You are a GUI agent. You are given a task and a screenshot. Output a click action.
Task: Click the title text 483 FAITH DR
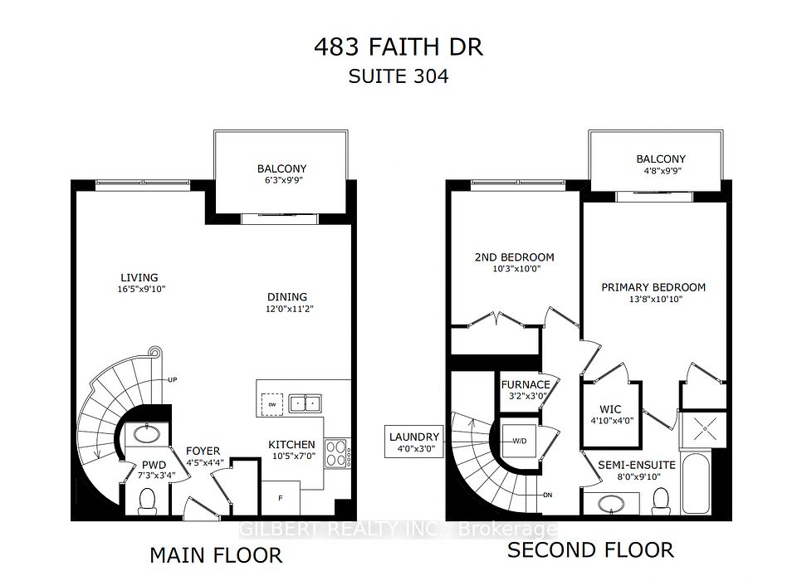[x=398, y=47]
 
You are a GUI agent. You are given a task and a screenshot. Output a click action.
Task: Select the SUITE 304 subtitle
[x=398, y=76]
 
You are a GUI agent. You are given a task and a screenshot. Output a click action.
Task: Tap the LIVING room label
[x=139, y=277]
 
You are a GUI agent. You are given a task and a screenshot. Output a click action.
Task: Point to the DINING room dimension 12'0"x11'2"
[x=290, y=309]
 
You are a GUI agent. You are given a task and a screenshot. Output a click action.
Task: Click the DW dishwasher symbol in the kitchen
[x=272, y=404]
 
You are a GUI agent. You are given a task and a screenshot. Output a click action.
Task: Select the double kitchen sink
[x=305, y=403]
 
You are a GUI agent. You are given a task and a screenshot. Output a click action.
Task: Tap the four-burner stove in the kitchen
[x=337, y=453]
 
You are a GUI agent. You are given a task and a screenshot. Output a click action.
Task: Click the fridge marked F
[x=280, y=498]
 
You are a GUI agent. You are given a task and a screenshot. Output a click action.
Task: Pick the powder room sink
[x=147, y=435]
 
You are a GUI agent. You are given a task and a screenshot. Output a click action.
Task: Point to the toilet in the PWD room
[x=148, y=500]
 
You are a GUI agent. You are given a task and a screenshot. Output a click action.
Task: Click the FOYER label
[x=203, y=451]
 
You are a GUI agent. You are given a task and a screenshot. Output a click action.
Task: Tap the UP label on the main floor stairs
[x=173, y=379]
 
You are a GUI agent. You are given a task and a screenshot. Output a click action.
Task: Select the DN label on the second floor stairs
[x=547, y=495]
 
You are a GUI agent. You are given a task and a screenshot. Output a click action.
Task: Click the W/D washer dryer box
[x=519, y=441]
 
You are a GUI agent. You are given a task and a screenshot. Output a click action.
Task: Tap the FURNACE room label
[x=526, y=385]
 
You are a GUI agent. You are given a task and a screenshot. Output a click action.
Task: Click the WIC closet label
[x=610, y=409]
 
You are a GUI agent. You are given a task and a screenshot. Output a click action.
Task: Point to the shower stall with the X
[x=706, y=429]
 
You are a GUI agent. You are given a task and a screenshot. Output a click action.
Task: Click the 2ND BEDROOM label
[x=515, y=257]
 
